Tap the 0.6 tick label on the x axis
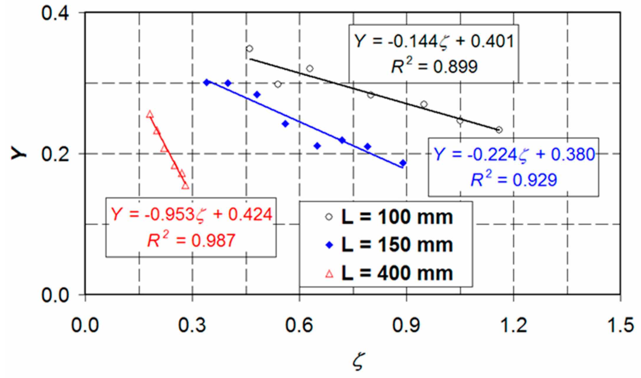[299, 325]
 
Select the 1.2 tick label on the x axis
[513, 325]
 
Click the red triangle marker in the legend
[329, 274]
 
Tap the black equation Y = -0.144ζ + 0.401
[434, 41]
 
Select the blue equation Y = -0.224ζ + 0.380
[514, 155]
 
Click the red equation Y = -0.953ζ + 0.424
[191, 214]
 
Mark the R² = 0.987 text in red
[191, 240]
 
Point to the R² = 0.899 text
[434, 66]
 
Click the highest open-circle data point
[249, 49]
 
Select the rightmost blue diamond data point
[403, 163]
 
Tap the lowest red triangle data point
[185, 186]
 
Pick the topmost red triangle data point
[150, 115]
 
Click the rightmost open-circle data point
[499, 130]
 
